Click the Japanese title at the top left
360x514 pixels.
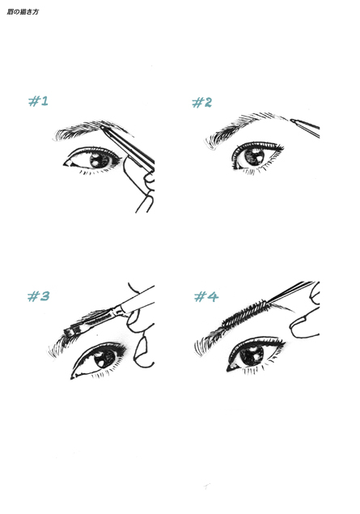pyautogui.click(x=23, y=12)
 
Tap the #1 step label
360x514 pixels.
pyautogui.click(x=38, y=101)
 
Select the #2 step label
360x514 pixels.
pyautogui.click(x=201, y=102)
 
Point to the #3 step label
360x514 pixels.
pyautogui.click(x=38, y=296)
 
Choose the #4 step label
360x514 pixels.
pyautogui.click(x=206, y=297)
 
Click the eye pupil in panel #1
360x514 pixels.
pyautogui.click(x=100, y=160)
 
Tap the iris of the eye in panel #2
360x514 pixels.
pyautogui.click(x=255, y=156)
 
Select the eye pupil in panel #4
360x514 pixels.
pyautogui.click(x=252, y=355)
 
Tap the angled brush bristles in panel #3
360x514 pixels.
pyautogui.click(x=70, y=330)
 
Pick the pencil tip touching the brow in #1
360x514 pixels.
pyautogui.click(x=103, y=127)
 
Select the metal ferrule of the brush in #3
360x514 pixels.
pyautogui.click(x=116, y=311)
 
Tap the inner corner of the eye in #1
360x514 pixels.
pyautogui.click(x=66, y=164)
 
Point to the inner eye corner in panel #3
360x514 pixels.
pyautogui.click(x=73, y=376)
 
